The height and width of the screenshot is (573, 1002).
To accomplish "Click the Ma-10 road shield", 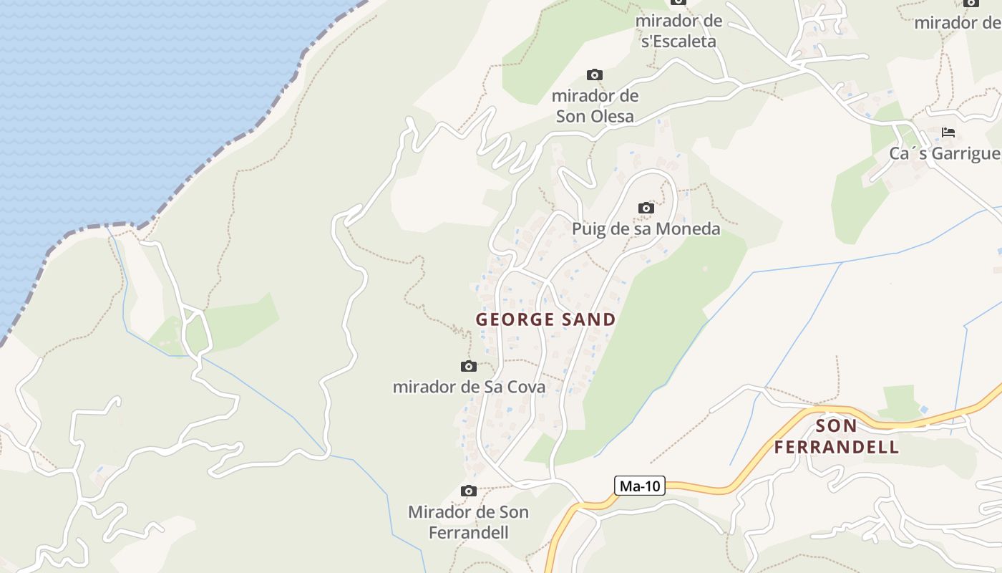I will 640,486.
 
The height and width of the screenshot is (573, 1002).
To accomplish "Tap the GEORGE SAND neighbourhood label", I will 546,319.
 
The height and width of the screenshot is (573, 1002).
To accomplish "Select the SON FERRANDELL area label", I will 836,437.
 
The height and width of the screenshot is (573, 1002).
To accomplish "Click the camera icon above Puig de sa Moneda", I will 646,208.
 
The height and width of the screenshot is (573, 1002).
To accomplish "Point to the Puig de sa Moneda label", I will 646,229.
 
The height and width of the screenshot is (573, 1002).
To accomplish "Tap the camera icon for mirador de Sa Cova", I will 469,367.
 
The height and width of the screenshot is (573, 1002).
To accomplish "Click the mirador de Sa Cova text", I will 469,387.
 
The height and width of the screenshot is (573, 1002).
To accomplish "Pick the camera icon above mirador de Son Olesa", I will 594,75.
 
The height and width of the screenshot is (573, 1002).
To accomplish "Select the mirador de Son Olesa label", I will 595,106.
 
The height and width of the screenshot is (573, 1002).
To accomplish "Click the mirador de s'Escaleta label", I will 678,31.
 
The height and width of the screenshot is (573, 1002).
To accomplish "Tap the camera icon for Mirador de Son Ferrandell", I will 469,491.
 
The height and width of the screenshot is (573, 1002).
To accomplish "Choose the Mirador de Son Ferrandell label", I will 469,522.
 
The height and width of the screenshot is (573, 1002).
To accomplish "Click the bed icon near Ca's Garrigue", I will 948,133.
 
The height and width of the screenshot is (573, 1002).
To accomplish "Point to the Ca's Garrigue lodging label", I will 945,154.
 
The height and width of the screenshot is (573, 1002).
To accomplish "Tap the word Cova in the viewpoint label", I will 525,387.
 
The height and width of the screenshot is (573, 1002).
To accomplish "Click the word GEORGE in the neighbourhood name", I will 510,319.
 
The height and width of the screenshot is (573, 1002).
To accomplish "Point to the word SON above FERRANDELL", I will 836,426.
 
